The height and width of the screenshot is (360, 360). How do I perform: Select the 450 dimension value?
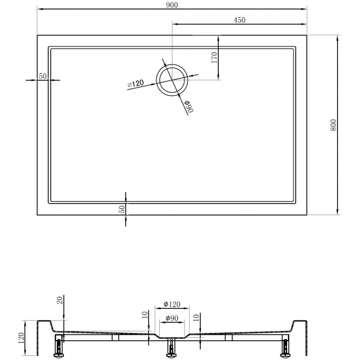click(239, 20)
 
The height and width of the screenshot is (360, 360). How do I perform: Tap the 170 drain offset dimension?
click(214, 58)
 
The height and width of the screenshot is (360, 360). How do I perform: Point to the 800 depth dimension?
click(333, 125)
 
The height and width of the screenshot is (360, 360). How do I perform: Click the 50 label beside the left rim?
click(43, 76)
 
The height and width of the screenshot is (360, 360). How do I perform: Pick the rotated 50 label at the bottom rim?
click(122, 209)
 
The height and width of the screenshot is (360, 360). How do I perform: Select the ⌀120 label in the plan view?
click(135, 83)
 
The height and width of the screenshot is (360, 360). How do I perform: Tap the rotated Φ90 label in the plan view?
click(188, 107)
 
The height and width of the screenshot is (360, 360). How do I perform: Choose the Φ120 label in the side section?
click(172, 304)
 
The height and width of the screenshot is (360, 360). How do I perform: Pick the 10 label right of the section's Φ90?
click(196, 319)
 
